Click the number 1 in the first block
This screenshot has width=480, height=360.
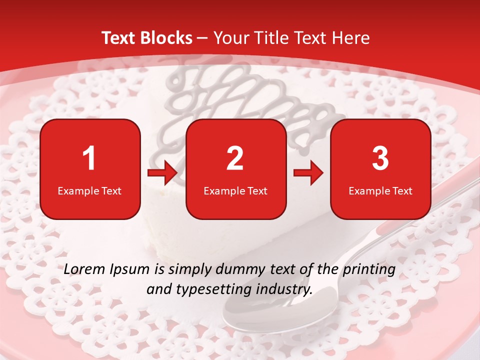(x=89, y=158)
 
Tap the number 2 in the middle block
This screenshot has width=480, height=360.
(x=235, y=158)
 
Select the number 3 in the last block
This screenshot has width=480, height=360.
(x=380, y=158)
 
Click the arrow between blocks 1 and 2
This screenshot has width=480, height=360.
(x=163, y=173)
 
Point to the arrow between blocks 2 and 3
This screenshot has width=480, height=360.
(x=308, y=173)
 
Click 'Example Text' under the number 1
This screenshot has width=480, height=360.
(x=89, y=190)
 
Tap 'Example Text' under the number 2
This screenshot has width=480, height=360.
(x=235, y=190)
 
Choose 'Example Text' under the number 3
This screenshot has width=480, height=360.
(x=380, y=190)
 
